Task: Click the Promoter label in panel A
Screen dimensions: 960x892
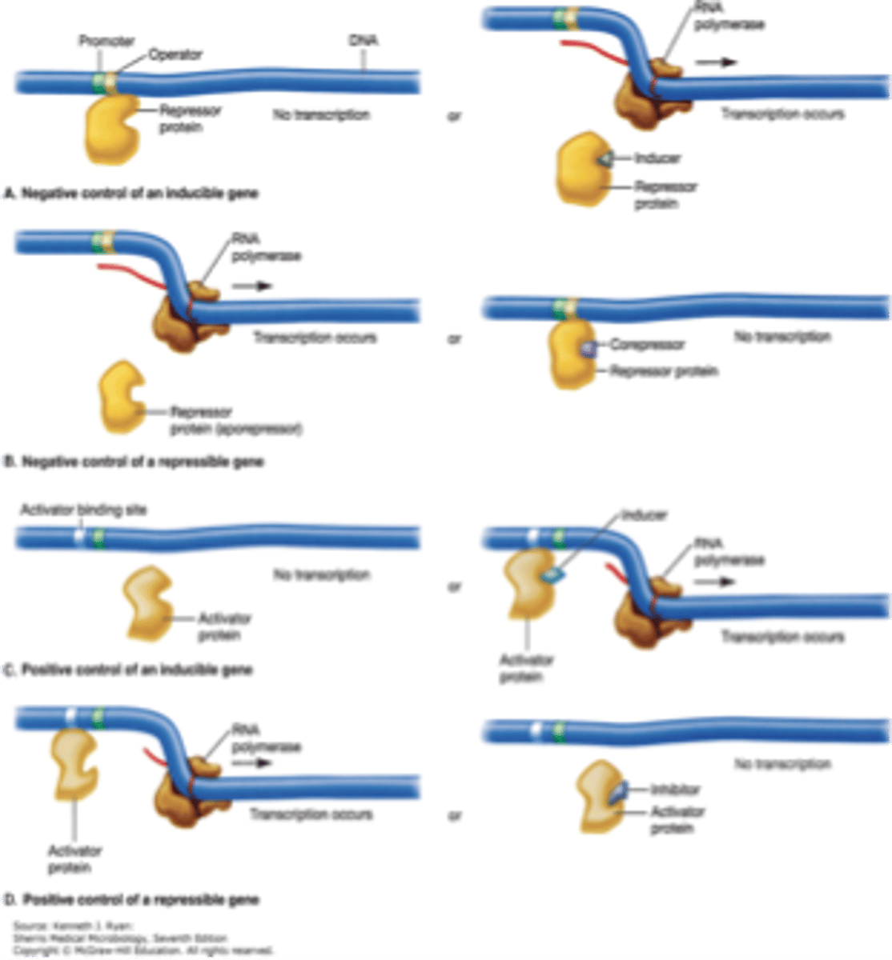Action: [106, 41]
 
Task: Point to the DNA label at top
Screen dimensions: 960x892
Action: [364, 40]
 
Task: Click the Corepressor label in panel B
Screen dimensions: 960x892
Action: [647, 345]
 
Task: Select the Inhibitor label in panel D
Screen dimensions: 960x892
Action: [674, 790]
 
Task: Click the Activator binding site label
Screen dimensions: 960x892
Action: [83, 510]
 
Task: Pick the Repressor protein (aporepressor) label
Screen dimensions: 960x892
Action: [235, 421]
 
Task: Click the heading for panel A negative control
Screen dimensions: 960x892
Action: [131, 194]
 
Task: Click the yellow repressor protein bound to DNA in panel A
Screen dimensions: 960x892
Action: [112, 128]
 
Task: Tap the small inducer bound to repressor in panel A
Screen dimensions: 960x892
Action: [606, 159]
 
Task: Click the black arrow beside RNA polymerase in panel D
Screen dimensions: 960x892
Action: [253, 762]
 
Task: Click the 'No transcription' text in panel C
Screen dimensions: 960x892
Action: [321, 574]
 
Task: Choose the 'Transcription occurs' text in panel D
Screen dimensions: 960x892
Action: [311, 814]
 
